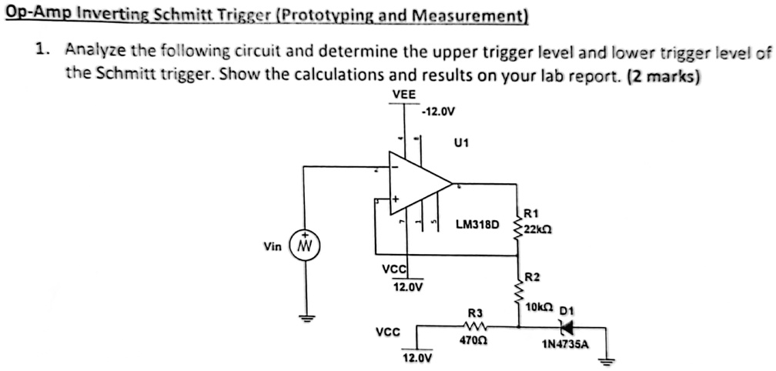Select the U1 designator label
click(463, 142)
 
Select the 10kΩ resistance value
click(537, 308)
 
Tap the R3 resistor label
click(475, 313)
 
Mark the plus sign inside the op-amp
click(396, 199)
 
